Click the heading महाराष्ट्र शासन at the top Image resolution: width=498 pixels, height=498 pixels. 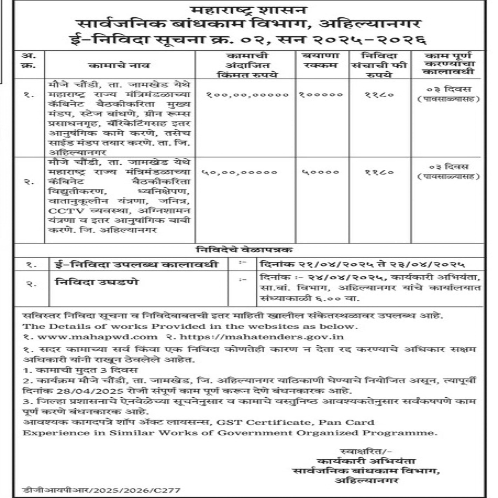coord(249,10)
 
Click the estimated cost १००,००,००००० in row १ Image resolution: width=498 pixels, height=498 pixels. coord(247,95)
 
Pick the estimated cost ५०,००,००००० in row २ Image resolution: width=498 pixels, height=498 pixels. coord(239,172)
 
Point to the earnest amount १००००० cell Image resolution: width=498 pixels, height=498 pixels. coord(321,95)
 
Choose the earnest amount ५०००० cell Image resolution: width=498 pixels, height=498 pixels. coord(321,172)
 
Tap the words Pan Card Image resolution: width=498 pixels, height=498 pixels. coord(346,423)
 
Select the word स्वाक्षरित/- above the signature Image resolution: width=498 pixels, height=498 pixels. coord(366,451)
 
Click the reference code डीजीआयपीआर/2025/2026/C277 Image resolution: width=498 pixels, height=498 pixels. coord(101,490)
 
